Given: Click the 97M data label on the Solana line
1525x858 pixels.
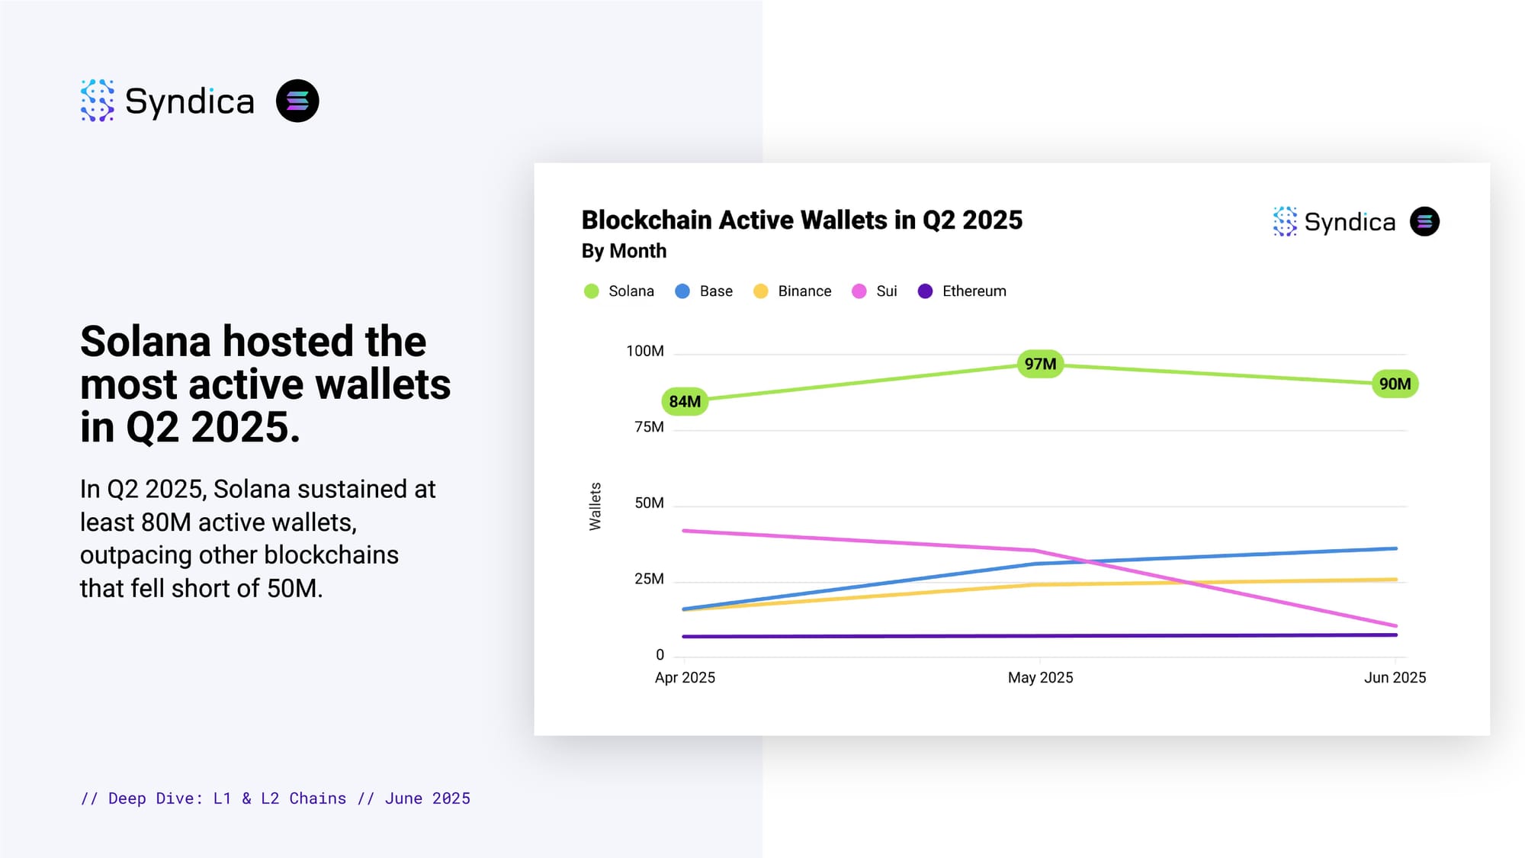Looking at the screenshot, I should pyautogui.click(x=1040, y=364).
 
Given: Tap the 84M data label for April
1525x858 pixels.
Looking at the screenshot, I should pyautogui.click(x=685, y=401).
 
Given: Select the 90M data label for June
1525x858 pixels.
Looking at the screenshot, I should pyautogui.click(x=1395, y=384).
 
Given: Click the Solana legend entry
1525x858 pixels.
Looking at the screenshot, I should pyautogui.click(x=619, y=291).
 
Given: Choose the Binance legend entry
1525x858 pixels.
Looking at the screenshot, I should pyautogui.click(x=792, y=291).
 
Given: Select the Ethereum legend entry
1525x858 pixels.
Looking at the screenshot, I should pyautogui.click(x=962, y=291).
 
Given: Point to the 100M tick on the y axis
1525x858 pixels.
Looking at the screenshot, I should pyautogui.click(x=644, y=351).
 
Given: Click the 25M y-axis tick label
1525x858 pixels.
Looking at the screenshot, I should pyautogui.click(x=649, y=579).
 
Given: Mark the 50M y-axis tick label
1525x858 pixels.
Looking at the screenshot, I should pyautogui.click(x=649, y=503).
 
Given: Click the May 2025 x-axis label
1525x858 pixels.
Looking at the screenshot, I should pyautogui.click(x=1040, y=677).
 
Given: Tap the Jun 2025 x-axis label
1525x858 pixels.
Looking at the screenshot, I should pyautogui.click(x=1395, y=677).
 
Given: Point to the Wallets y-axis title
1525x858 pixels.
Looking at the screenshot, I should pyautogui.click(x=595, y=506).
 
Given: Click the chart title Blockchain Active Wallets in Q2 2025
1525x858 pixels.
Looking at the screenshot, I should pyautogui.click(x=801, y=220).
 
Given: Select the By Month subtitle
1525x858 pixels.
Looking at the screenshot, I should pyautogui.click(x=624, y=251).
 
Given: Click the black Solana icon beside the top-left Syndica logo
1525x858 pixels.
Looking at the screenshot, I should pyautogui.click(x=297, y=101).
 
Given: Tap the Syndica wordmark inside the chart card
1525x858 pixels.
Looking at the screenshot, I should pyautogui.click(x=1349, y=222).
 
